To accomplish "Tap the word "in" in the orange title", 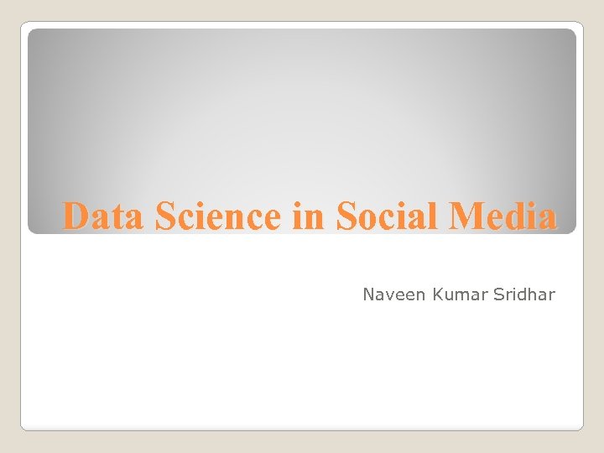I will tap(308, 217).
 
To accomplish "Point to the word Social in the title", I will tap(388, 217).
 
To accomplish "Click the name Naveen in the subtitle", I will tap(394, 294).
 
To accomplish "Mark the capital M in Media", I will tap(467, 217).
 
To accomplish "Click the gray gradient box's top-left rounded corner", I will tap(33, 34).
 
